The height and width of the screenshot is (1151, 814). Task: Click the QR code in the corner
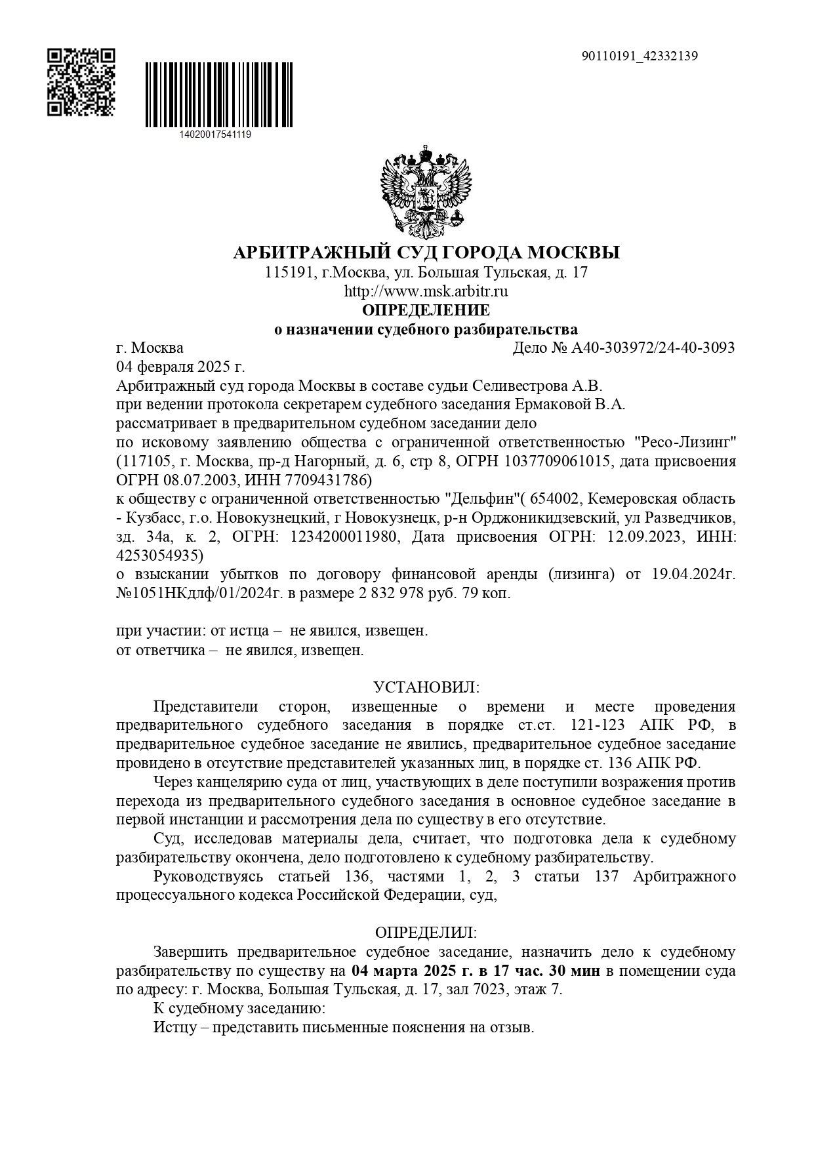click(81, 82)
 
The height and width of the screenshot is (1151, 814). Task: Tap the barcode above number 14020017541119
click(218, 95)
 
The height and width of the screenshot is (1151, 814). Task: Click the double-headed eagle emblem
click(426, 192)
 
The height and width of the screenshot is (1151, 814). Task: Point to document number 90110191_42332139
click(640, 56)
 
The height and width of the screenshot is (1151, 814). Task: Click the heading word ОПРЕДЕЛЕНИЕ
click(426, 310)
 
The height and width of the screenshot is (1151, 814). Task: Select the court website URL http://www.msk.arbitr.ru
click(426, 291)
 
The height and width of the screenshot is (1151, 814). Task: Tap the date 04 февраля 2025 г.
click(180, 367)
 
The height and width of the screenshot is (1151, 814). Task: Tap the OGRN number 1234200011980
click(341, 537)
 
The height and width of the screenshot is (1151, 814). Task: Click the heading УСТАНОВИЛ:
click(426, 687)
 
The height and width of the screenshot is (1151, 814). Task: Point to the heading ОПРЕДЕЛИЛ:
click(426, 932)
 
